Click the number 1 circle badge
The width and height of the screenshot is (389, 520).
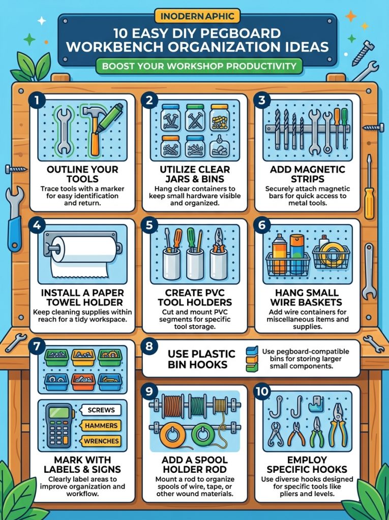[37, 101]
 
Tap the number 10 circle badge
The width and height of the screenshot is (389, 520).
[262, 392]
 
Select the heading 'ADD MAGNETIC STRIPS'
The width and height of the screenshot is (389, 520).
[307, 174]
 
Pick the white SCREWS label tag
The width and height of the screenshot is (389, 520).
[101, 410]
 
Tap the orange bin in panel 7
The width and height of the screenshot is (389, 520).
[83, 382]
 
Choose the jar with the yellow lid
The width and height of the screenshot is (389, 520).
[219, 117]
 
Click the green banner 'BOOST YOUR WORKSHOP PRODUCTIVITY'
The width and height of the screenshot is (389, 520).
[199, 66]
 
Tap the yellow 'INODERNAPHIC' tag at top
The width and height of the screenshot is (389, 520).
[197, 16]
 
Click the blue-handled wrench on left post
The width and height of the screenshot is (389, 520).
[15, 219]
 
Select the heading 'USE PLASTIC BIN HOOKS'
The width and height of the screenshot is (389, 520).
[202, 359]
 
